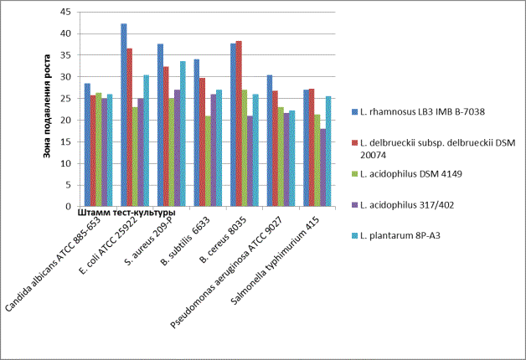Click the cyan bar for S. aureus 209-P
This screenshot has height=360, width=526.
coord(183,133)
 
